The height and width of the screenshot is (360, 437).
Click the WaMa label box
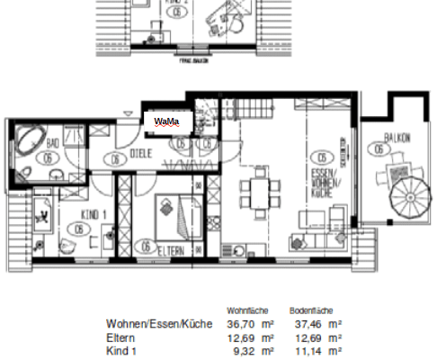coord(166,120)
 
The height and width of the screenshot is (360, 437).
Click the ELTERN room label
coord(174,249)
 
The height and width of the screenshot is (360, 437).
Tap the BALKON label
coord(397,139)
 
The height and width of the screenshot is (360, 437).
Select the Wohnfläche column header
coord(247,309)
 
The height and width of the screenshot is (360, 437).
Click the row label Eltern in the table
coord(120,337)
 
